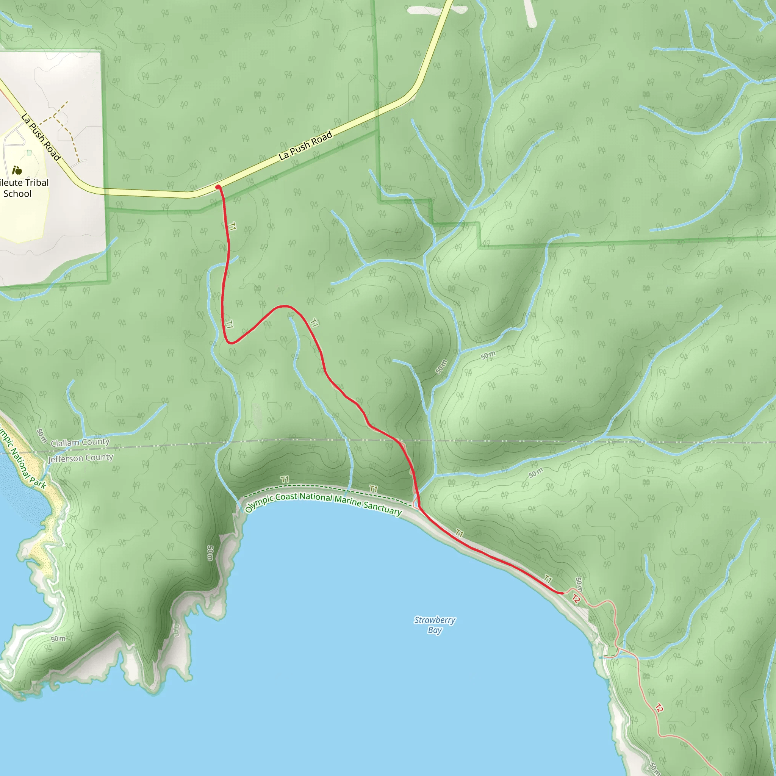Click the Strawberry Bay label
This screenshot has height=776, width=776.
pyautogui.click(x=435, y=625)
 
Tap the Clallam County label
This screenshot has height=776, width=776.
pyautogui.click(x=80, y=442)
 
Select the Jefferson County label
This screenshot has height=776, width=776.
pyautogui.click(x=80, y=458)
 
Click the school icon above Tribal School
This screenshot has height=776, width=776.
pyautogui.click(x=17, y=170)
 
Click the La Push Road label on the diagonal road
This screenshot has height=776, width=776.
pyautogui.click(x=306, y=145)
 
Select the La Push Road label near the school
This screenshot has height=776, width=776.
pyautogui.click(x=41, y=137)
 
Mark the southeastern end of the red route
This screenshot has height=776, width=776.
pyautogui.click(x=562, y=593)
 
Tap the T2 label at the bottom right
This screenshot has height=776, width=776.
pyautogui.click(x=659, y=708)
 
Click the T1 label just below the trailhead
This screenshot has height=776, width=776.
pyautogui.click(x=232, y=226)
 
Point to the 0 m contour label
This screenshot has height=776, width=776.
pyautogui.click(x=176, y=630)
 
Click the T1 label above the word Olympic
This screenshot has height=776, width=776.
pyautogui.click(x=285, y=479)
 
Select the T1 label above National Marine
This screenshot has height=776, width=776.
pyautogui.click(x=373, y=489)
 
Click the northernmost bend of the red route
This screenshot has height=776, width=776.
pyautogui.click(x=285, y=306)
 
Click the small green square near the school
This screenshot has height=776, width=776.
pyautogui.click(x=29, y=153)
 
